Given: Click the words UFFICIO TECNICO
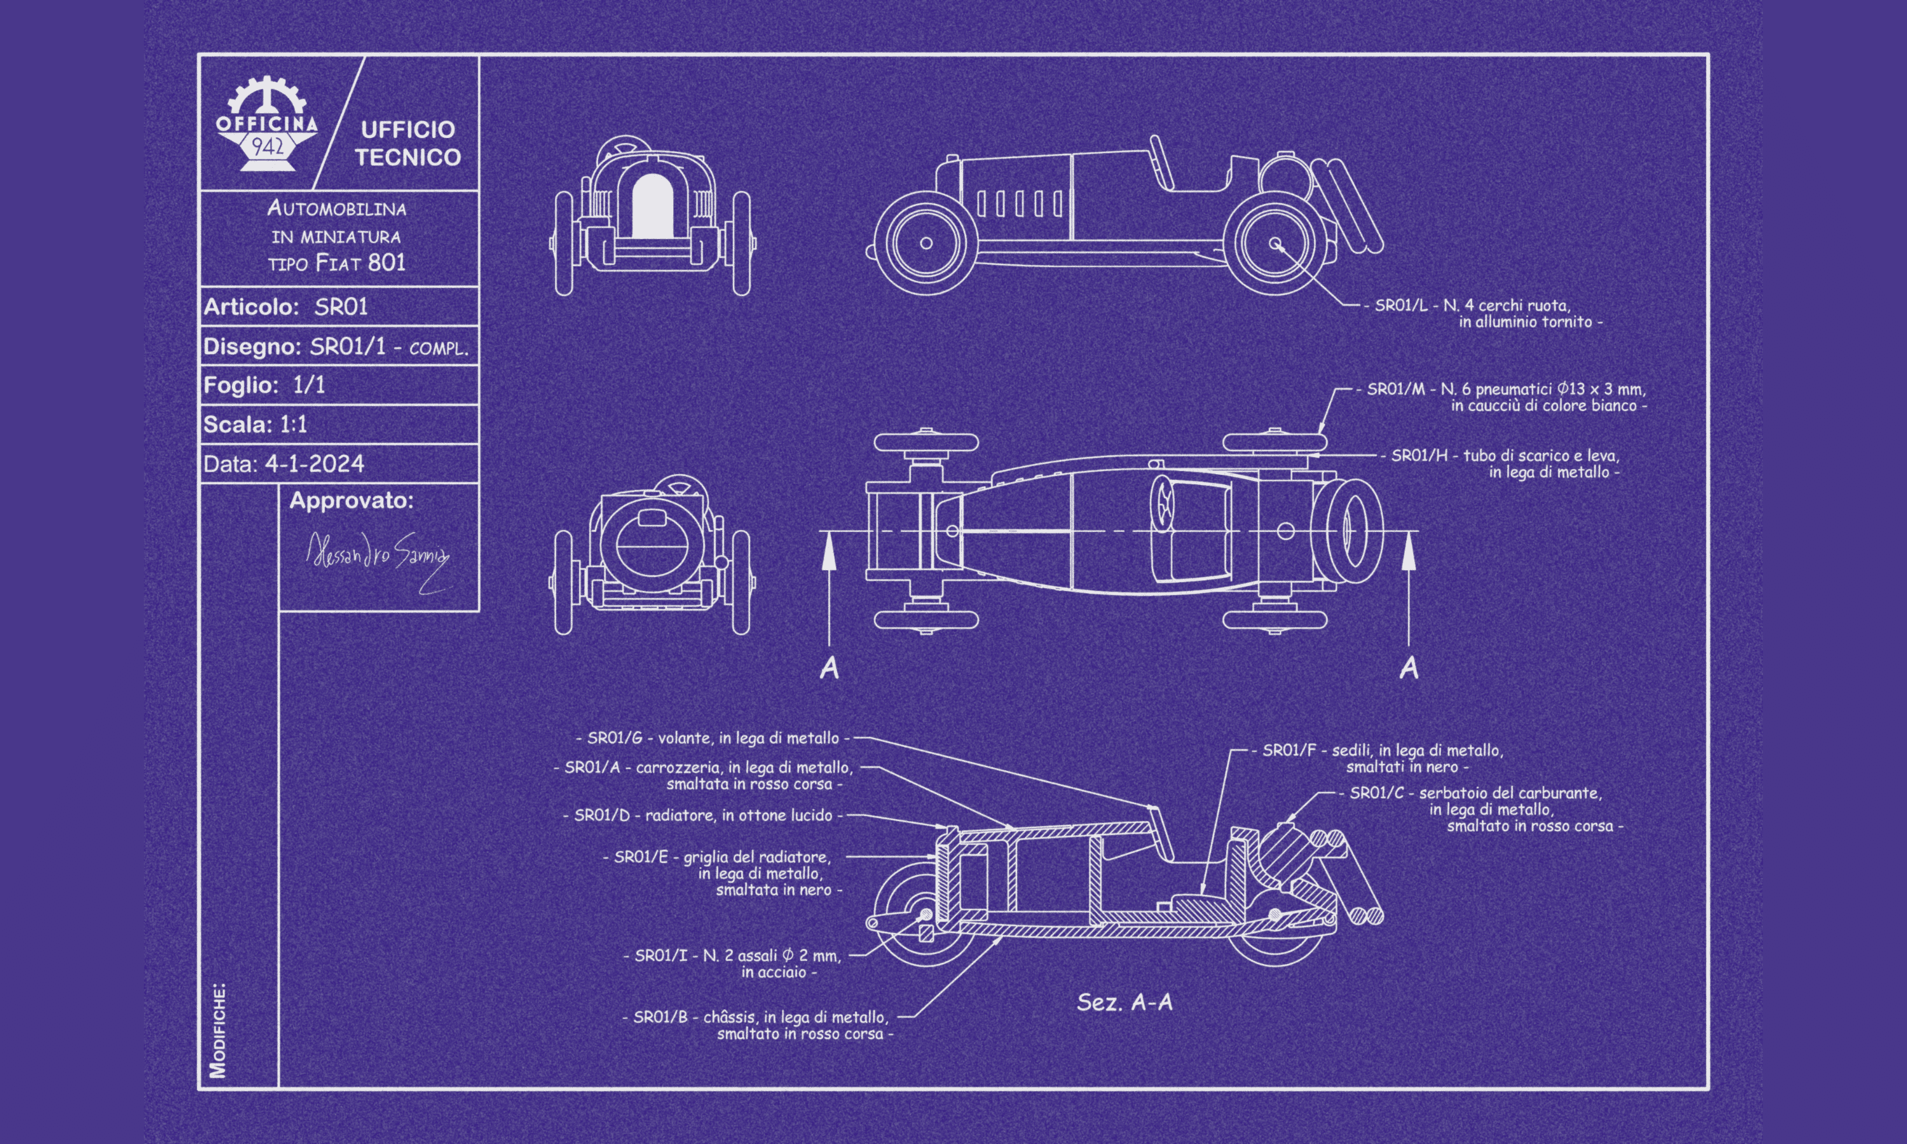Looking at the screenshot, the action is pyautogui.click(x=407, y=144).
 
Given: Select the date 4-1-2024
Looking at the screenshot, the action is pyautogui.click(x=315, y=464).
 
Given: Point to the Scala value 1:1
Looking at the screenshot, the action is pyautogui.click(x=293, y=424).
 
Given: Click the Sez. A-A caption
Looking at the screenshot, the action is pyautogui.click(x=1124, y=1002).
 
